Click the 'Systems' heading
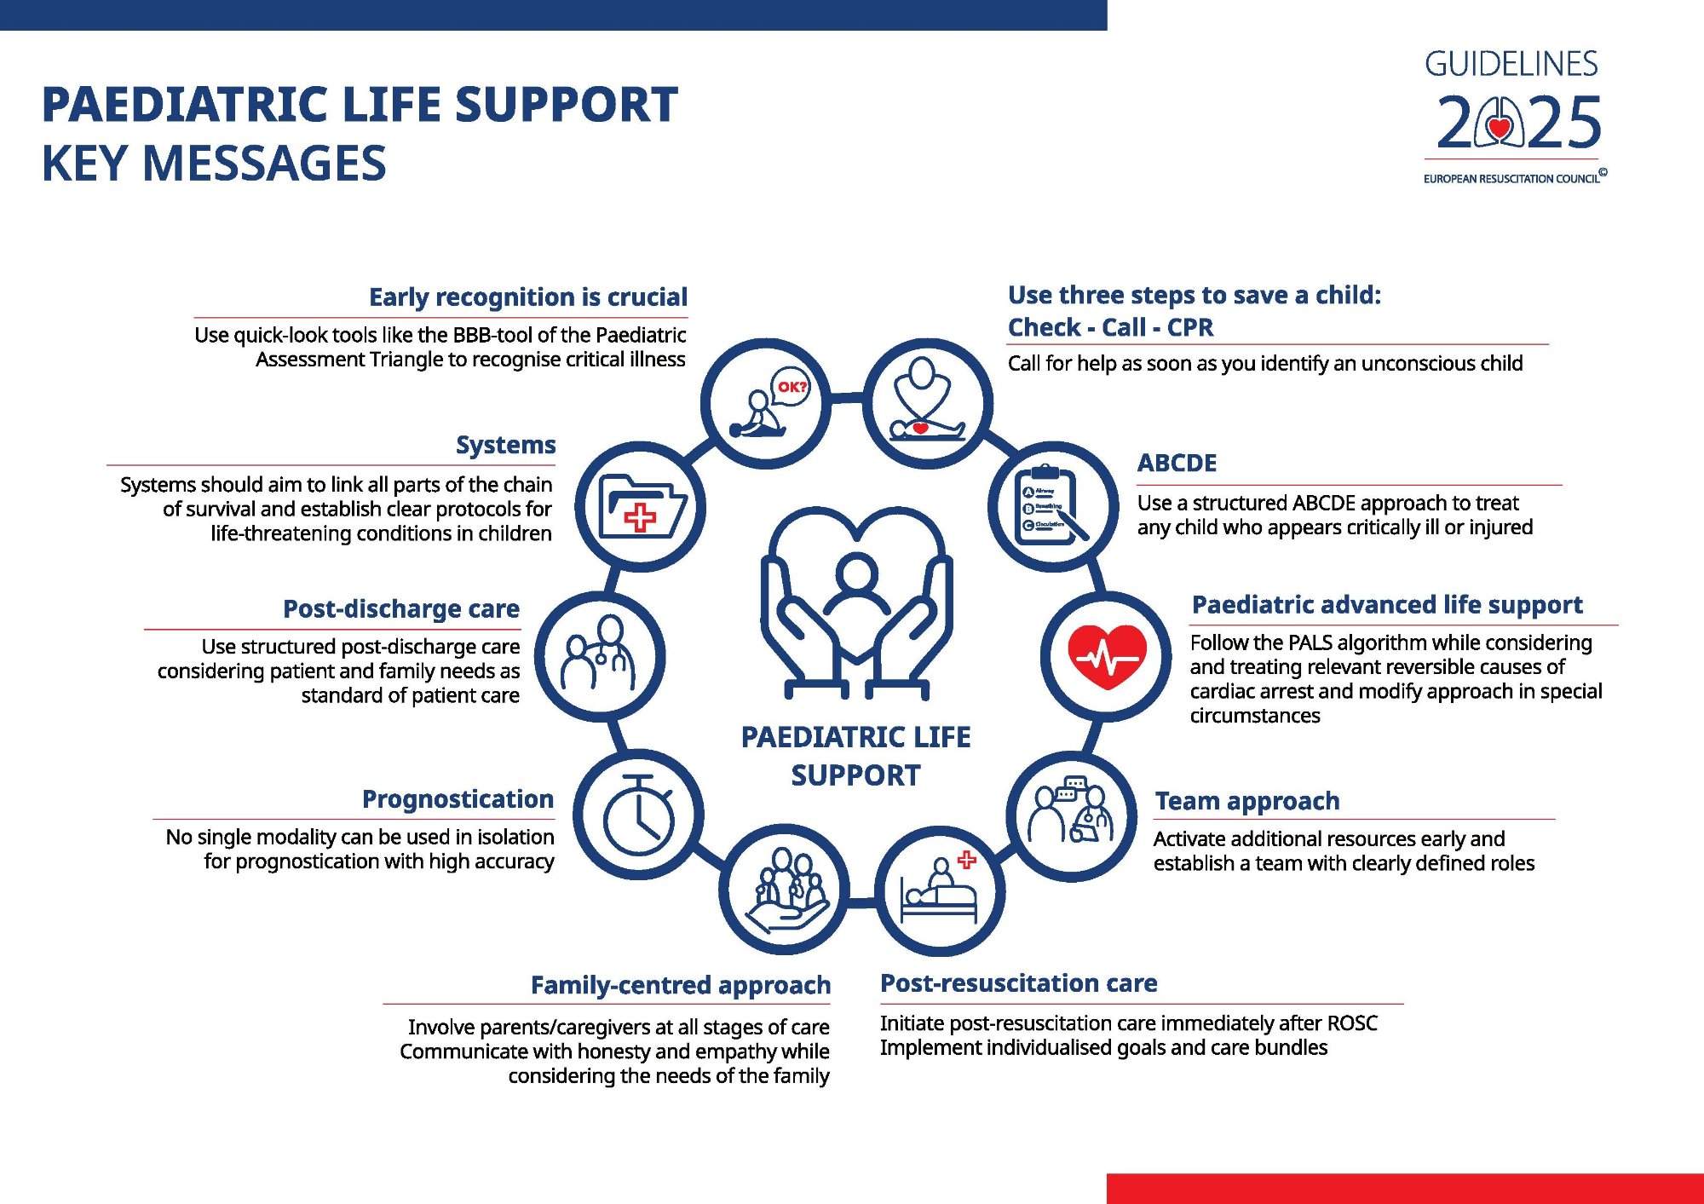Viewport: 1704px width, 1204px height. [x=505, y=445]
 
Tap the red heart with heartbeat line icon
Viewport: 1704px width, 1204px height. [x=1107, y=656]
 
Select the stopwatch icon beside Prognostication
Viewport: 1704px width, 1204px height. [x=639, y=815]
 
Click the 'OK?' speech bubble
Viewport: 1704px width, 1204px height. [x=792, y=387]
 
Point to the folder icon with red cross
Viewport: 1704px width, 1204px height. [x=641, y=508]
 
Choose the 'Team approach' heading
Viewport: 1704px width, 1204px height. [x=1247, y=801]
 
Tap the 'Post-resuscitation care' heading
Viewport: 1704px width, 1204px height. [x=1018, y=983]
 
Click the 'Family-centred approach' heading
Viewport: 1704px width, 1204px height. [x=680, y=985]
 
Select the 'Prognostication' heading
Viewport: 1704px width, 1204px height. [x=458, y=799]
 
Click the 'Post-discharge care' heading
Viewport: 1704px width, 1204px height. [x=400, y=609]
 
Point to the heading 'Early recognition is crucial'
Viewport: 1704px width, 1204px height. [x=527, y=297]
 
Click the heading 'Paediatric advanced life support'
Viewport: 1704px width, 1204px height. [x=1387, y=605]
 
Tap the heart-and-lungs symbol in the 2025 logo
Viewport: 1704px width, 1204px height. [x=1499, y=124]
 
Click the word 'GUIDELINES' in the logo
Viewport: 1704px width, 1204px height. [x=1511, y=64]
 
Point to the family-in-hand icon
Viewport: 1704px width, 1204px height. [x=785, y=890]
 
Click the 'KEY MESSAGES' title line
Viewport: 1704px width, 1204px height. [x=214, y=164]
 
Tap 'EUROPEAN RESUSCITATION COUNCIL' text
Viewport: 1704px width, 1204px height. [x=1511, y=179]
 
